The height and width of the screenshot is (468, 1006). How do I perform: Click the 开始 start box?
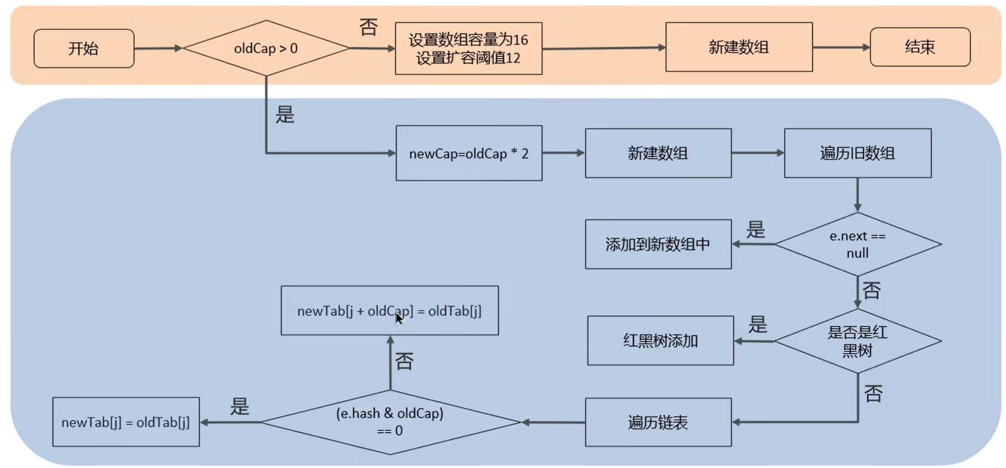[x=84, y=48]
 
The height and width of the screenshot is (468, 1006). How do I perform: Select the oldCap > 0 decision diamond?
[x=266, y=48]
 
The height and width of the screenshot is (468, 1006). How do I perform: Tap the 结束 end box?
[x=919, y=47]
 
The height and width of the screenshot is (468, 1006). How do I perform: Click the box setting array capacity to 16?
[x=468, y=49]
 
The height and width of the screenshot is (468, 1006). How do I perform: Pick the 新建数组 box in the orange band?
[x=739, y=47]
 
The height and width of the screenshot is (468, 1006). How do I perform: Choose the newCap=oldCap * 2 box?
[x=469, y=153]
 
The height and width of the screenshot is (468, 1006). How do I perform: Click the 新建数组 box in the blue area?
[x=658, y=153]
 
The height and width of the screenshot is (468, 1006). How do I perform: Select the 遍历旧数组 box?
[x=857, y=153]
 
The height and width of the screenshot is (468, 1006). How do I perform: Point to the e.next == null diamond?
[x=857, y=244]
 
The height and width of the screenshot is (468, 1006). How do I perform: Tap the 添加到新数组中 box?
[x=658, y=244]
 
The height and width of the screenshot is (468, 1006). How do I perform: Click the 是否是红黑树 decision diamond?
[x=857, y=341]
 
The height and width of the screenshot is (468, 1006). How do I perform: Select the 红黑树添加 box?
[x=660, y=341]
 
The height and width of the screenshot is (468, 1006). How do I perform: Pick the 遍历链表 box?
[x=658, y=422]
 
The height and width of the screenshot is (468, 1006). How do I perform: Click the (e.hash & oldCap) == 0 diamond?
[x=390, y=422]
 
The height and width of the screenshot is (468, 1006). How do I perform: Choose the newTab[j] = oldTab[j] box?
[x=126, y=422]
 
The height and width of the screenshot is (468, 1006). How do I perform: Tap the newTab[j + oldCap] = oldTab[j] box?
[x=389, y=310]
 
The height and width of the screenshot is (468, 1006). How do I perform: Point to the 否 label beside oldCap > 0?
[x=368, y=27]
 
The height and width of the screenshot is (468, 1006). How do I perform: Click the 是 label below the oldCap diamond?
[x=285, y=115]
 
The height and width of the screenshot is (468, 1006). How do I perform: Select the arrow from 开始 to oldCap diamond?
[x=158, y=48]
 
